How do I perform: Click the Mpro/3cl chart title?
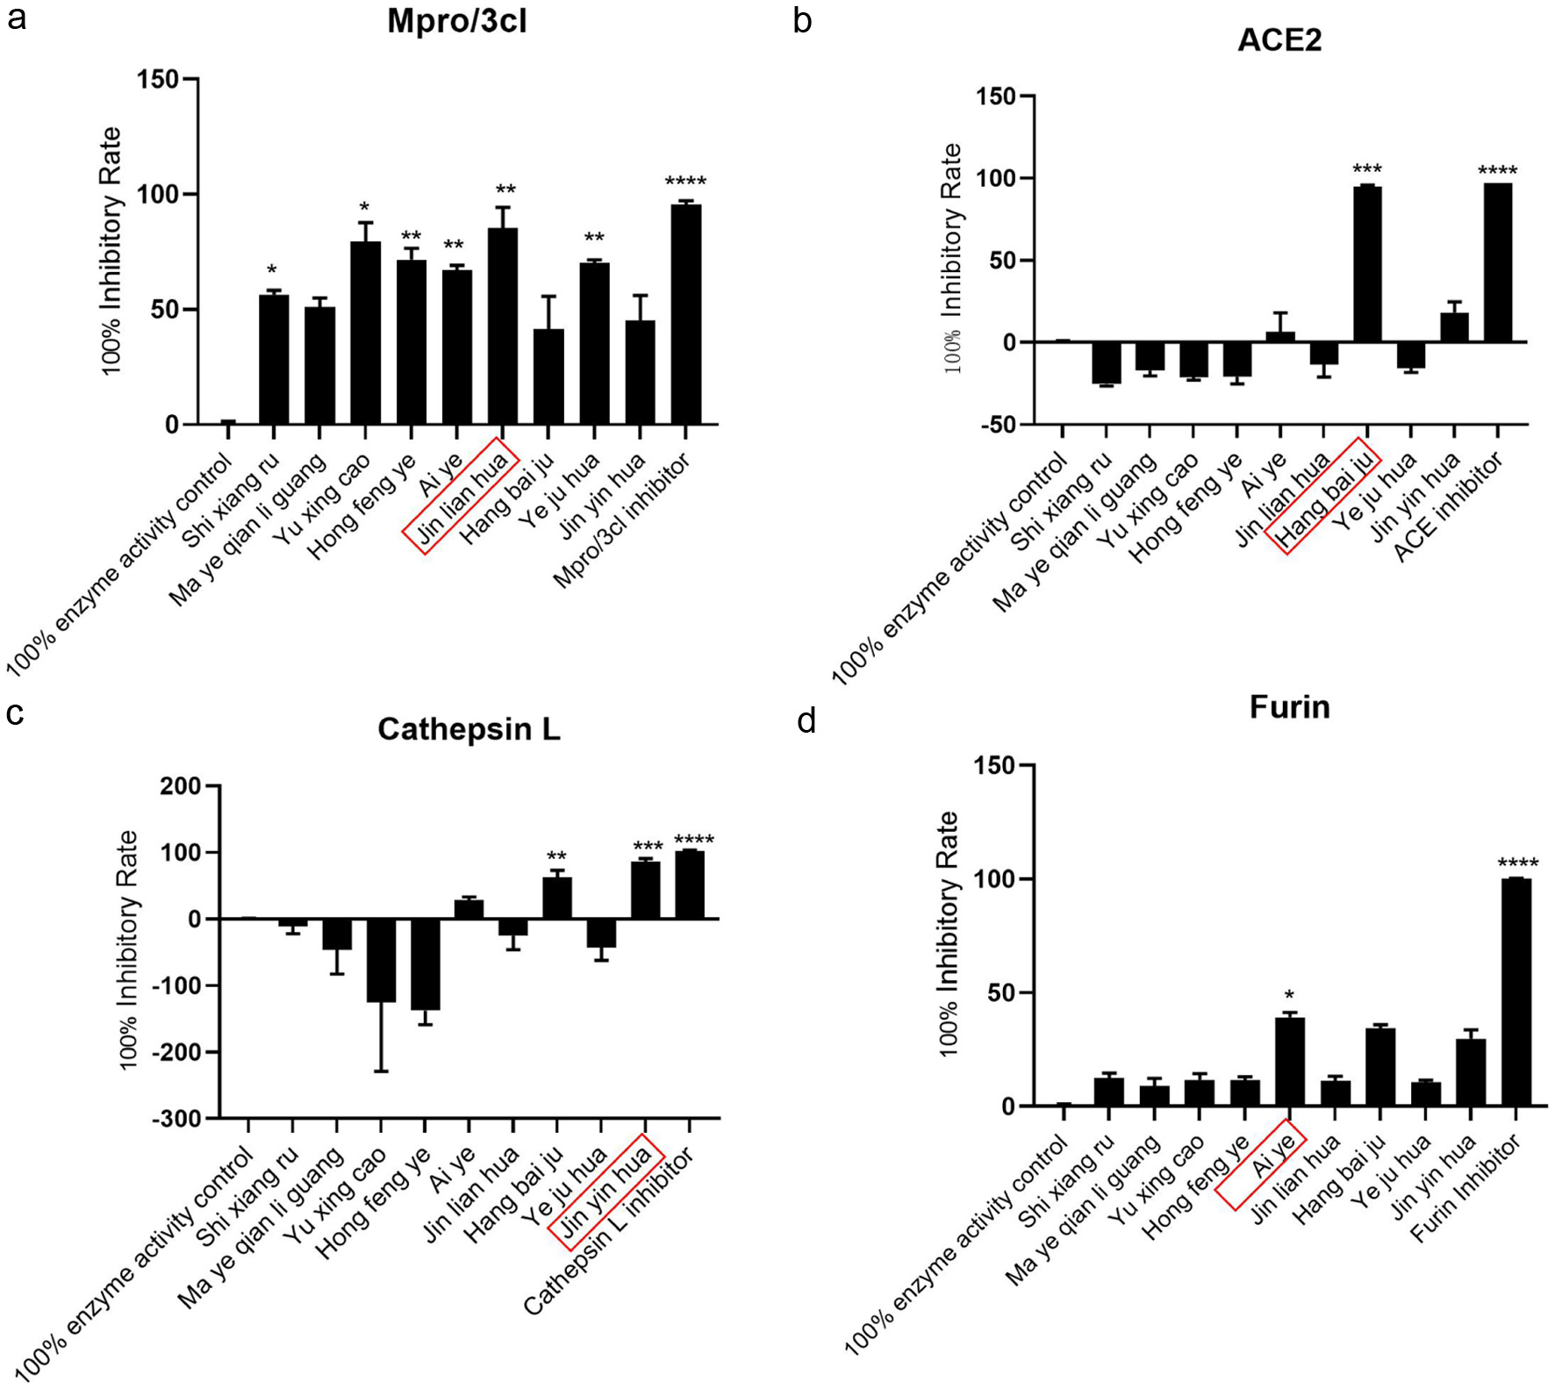click(457, 21)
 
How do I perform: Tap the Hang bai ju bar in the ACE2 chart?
click(1367, 263)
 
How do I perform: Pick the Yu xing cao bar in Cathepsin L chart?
click(381, 960)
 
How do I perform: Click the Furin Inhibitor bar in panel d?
click(1516, 992)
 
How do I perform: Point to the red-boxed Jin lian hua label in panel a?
click(462, 496)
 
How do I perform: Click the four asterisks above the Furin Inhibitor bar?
click(1517, 863)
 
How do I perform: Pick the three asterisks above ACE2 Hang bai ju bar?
click(1366, 169)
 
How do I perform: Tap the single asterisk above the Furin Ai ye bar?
click(1289, 995)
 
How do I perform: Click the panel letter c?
click(15, 713)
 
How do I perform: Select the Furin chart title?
click(1289, 707)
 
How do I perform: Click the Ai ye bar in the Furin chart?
click(1289, 1062)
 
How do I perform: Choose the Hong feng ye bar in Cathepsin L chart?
click(426, 963)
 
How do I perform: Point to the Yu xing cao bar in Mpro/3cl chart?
click(365, 333)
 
